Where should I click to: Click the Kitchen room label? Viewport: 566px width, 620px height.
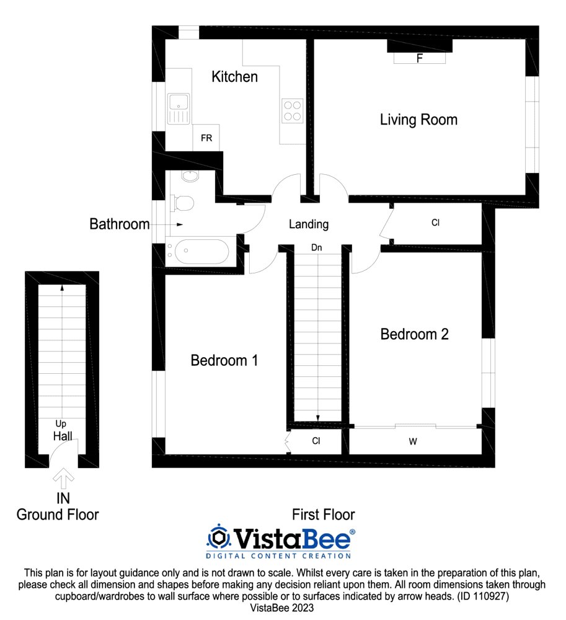234,77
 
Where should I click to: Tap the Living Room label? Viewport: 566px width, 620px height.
418,120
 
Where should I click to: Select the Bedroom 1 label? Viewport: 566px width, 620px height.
224,360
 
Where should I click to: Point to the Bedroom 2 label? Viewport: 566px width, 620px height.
414,334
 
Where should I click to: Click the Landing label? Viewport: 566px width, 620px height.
309,224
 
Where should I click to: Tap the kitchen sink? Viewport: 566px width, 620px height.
179,108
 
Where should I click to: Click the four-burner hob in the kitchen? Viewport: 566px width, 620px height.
293,111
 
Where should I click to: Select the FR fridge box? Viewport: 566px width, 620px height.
206,138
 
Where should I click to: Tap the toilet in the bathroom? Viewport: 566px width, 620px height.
182,203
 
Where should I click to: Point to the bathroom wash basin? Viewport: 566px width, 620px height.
190,176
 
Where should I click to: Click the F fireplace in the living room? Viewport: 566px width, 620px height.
420,58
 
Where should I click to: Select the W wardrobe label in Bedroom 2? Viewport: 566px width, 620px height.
413,441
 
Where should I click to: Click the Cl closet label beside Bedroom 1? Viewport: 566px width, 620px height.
316,441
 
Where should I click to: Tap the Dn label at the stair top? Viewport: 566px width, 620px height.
316,247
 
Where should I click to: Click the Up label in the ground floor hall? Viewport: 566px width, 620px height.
61,424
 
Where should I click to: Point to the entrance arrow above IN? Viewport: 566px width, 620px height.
63,479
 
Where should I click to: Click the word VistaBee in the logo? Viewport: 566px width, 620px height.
293,538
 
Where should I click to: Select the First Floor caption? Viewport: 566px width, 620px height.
324,515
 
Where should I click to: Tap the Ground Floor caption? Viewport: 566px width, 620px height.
58,515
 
